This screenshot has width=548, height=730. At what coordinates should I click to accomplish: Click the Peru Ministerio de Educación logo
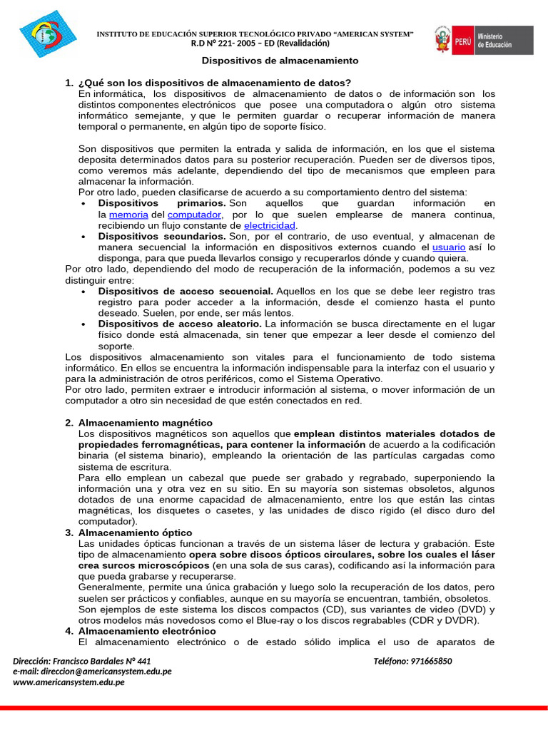(x=483, y=40)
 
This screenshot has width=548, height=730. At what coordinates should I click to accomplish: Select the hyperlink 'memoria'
(x=128, y=215)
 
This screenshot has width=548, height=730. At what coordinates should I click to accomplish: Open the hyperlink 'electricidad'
(x=270, y=225)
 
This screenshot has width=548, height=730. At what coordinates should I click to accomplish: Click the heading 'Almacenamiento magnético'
(x=145, y=423)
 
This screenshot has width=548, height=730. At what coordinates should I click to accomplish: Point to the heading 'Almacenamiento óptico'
(x=135, y=533)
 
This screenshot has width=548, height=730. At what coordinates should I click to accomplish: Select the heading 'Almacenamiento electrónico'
(x=146, y=631)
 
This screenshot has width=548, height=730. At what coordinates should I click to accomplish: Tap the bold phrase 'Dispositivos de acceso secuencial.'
(x=186, y=291)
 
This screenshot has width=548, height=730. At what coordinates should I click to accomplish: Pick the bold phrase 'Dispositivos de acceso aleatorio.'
(x=181, y=324)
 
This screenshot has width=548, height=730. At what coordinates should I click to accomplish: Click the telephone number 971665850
(x=432, y=661)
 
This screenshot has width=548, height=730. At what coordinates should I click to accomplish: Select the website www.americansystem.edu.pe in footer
(x=68, y=682)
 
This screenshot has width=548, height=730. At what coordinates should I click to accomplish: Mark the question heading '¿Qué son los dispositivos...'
(x=214, y=83)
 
